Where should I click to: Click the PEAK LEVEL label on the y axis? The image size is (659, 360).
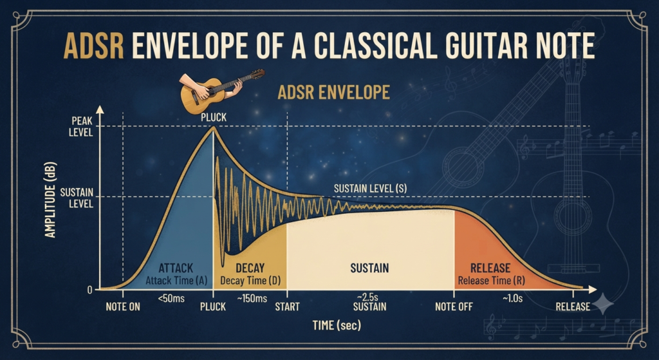pyautogui.click(x=82, y=127)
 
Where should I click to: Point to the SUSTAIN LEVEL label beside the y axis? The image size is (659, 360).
pyautogui.click(x=77, y=198)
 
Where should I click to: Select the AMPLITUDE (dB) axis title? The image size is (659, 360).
pyautogui.click(x=50, y=200)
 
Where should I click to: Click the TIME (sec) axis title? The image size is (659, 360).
pyautogui.click(x=337, y=325)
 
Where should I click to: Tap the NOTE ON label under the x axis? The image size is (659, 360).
pyautogui.click(x=123, y=307)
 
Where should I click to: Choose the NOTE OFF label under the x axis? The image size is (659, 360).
pyautogui.click(x=454, y=307)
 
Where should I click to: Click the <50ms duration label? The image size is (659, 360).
pyautogui.click(x=171, y=299)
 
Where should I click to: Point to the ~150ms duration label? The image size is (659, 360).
pyautogui.click(x=252, y=299)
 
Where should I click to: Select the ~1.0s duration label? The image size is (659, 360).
pyautogui.click(x=513, y=299)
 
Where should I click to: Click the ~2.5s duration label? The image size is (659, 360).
pyautogui.click(x=369, y=298)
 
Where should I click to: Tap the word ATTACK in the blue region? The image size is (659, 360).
pyautogui.click(x=176, y=268)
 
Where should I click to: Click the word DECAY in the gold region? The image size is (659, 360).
pyautogui.click(x=250, y=268)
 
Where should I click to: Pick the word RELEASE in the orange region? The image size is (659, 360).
pyautogui.click(x=490, y=268)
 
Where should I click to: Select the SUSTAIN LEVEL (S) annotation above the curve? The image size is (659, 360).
pyautogui.click(x=370, y=189)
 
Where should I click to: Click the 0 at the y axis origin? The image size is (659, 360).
pyautogui.click(x=90, y=290)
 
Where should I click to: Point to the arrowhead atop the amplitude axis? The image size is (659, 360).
pyautogui.click(x=100, y=109)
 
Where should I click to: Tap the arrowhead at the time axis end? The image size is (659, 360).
pyautogui.click(x=593, y=289)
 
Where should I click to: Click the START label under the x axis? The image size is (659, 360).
pyautogui.click(x=287, y=307)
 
